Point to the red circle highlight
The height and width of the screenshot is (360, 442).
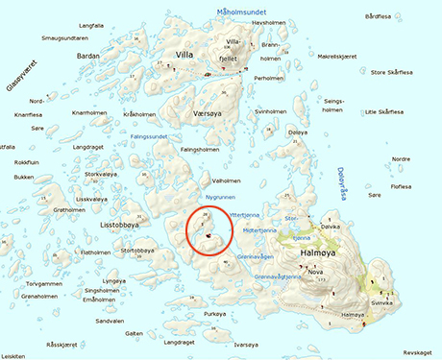pyautogui.click(x=209, y=231)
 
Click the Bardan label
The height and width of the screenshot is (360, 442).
pyautogui.click(x=88, y=56)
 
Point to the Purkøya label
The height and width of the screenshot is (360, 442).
pyautogui.click(x=215, y=315)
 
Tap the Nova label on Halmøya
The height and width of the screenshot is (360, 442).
pyautogui.click(x=315, y=272)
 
